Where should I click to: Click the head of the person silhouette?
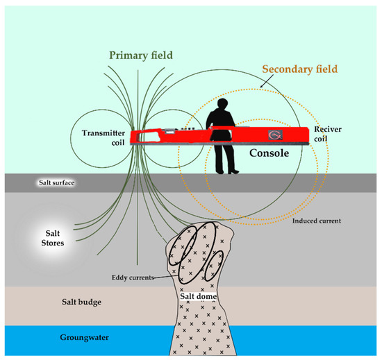tap(225, 105)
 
